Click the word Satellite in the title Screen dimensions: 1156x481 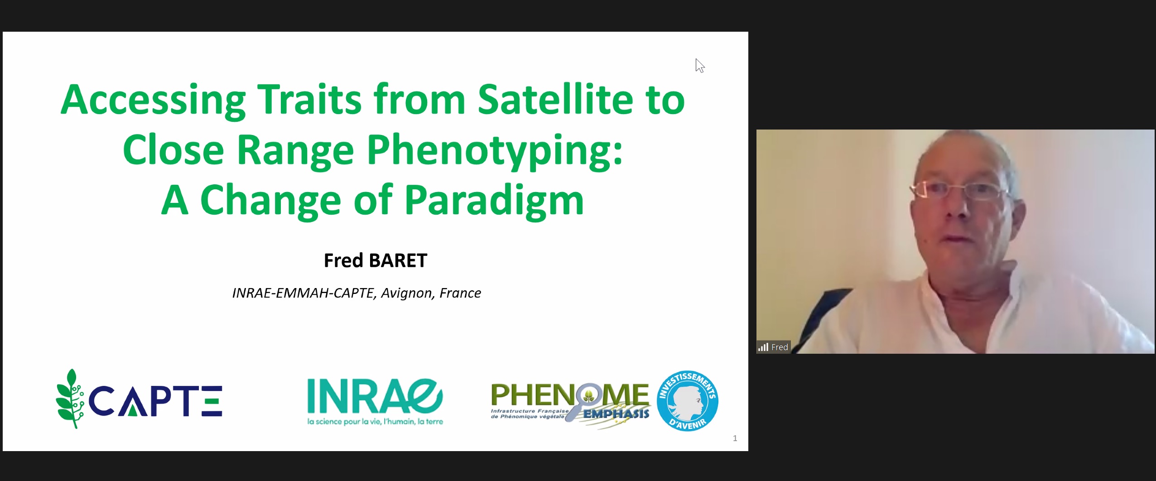tap(555, 99)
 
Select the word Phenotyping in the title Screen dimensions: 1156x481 tap(495, 151)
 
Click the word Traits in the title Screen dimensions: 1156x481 tap(309, 99)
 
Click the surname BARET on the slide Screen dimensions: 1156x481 tap(398, 260)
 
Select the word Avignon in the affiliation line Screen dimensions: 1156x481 tap(406, 293)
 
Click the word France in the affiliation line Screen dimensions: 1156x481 tap(460, 293)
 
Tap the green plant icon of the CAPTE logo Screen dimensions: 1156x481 tap(70, 399)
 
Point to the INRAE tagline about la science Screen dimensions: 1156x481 tap(375, 422)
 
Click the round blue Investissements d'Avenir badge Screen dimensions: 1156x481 tap(687, 401)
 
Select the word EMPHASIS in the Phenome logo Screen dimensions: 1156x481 tap(616, 414)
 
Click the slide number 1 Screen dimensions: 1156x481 tap(735, 438)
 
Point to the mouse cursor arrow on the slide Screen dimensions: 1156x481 tap(700, 66)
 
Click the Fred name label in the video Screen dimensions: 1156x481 tap(780, 347)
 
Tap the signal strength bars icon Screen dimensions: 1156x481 tap(763, 347)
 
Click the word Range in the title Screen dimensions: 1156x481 tap(295, 150)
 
